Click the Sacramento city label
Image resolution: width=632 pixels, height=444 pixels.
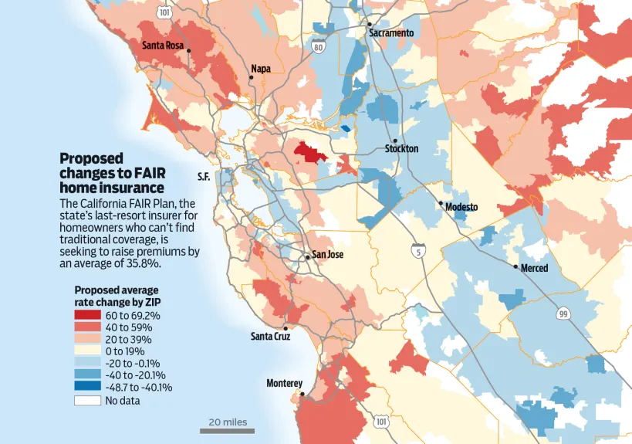coord(391,33)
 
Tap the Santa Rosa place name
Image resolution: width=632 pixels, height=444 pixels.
coord(163,46)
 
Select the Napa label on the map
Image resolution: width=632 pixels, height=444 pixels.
coord(261,69)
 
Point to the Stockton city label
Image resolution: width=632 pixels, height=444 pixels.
coord(401,148)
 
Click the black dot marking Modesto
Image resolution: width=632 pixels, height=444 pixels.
coord(441,203)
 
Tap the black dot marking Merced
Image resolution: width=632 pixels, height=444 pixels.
coord(516,266)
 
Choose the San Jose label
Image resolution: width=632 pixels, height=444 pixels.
coord(326,255)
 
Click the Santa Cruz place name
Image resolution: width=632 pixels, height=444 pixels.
coord(271,336)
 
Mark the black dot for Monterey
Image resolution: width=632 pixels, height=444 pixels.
coord(302,394)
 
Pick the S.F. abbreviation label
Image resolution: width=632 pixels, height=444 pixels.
coord(204,177)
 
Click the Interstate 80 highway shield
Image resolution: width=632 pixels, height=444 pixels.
coord(318,48)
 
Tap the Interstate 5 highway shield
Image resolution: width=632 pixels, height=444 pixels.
coord(418,251)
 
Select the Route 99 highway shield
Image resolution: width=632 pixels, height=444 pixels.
coord(563,314)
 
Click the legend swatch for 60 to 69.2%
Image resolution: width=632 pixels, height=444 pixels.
coord(87,315)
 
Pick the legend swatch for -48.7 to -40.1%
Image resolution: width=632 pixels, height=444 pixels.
coord(87,388)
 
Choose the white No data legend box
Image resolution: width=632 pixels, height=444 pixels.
coord(87,400)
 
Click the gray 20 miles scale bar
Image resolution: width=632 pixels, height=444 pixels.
coord(227,430)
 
